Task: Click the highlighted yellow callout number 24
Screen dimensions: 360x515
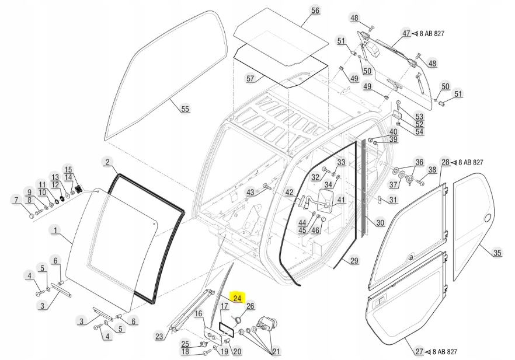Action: click(x=238, y=298)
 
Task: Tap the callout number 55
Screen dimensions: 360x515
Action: click(x=185, y=109)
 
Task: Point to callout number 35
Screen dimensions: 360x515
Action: click(x=497, y=253)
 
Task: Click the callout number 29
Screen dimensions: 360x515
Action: click(x=354, y=261)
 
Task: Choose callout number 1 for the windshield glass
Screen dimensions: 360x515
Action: click(x=56, y=231)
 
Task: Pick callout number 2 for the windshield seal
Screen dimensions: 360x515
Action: click(x=107, y=162)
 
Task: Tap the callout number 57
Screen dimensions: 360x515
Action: click(x=250, y=78)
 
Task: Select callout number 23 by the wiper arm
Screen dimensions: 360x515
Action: click(x=159, y=335)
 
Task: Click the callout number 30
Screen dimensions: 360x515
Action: click(x=380, y=222)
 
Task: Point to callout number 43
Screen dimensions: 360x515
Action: click(x=250, y=192)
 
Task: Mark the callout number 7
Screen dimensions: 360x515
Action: click(x=16, y=201)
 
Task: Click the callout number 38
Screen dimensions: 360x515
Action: click(x=432, y=170)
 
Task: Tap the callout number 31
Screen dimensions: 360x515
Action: click(x=393, y=201)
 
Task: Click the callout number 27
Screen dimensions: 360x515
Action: click(x=419, y=352)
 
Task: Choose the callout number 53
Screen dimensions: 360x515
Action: click(x=419, y=116)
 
